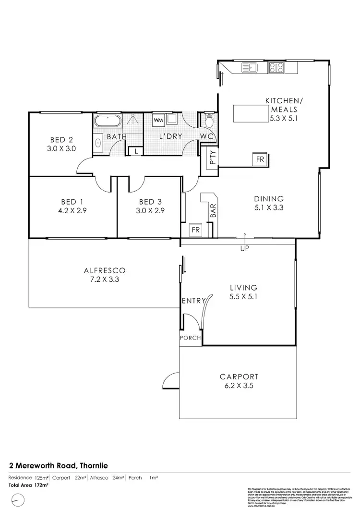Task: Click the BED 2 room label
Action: coord(60,140)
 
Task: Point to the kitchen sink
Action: coord(250,68)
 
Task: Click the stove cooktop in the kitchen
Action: coord(276,68)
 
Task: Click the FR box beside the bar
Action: coord(196,230)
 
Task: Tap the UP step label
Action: coord(245,249)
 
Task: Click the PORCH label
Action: coord(191,338)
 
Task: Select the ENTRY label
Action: coord(193,301)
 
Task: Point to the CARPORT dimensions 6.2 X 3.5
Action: coord(239,386)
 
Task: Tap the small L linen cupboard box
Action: coord(136,151)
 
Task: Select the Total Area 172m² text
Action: coord(29,485)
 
